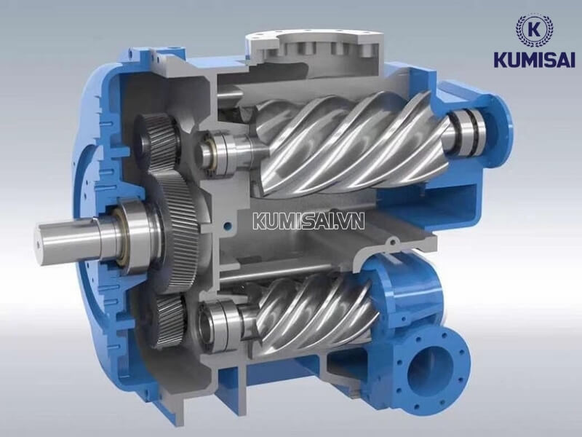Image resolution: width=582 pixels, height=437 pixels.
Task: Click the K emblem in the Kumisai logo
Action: [534, 30]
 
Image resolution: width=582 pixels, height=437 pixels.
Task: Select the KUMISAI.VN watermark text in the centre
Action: [305, 221]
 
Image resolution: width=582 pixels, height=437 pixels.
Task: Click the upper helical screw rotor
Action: [349, 142]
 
